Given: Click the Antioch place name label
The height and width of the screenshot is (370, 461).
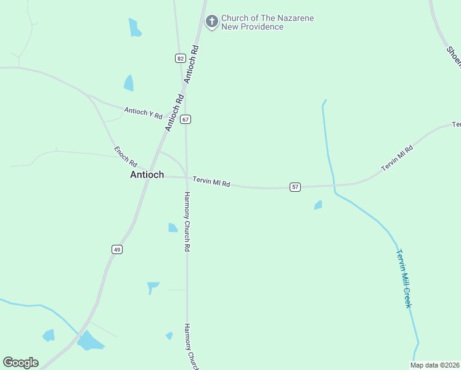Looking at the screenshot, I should [x=147, y=175].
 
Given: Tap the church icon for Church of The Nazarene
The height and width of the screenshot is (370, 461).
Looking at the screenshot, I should [x=211, y=22].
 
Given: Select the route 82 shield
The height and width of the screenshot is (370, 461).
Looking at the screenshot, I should [x=180, y=58].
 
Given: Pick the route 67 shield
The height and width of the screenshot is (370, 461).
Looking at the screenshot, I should [x=186, y=119].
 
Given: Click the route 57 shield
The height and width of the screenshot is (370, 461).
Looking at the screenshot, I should [x=295, y=187].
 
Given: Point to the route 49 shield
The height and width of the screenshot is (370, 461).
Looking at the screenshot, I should [x=117, y=249].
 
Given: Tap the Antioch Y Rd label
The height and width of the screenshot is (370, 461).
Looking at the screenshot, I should [x=143, y=113].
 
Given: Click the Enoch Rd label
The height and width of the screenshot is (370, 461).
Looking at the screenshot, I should [x=126, y=156].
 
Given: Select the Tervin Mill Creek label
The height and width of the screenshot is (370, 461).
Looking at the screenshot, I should [x=404, y=278].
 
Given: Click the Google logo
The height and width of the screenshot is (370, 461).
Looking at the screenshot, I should [x=20, y=363].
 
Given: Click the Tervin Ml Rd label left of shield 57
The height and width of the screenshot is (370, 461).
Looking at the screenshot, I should [x=211, y=182].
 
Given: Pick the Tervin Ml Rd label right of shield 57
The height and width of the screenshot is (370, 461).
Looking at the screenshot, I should [x=396, y=158].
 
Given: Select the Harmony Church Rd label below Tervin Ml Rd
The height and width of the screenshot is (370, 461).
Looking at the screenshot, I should [x=187, y=221].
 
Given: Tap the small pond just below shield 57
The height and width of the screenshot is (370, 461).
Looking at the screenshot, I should [x=318, y=205].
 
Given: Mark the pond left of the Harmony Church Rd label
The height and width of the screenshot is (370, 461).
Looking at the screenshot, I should [x=173, y=228].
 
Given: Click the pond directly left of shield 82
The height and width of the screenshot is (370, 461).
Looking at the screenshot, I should [x=129, y=83].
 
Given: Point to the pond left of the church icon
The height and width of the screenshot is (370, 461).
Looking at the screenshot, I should [x=134, y=28].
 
